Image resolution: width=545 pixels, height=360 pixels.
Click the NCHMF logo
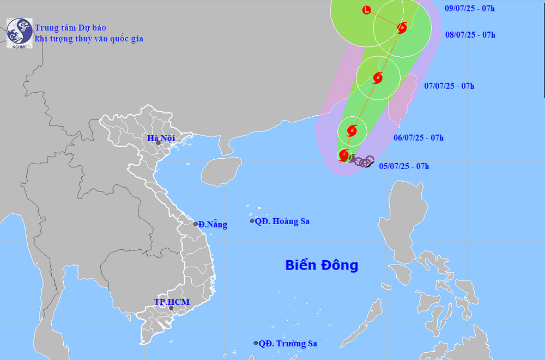pos(19,33)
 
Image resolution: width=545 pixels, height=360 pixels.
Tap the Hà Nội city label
pos(161,138)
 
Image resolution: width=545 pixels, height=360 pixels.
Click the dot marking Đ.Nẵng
pos(196,224)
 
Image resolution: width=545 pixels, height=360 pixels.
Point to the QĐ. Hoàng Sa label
pos(282,221)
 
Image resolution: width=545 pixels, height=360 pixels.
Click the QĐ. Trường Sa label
pos(288,344)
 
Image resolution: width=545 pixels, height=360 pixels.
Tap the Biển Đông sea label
pos(322,266)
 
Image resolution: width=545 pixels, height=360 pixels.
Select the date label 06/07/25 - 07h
pos(419,137)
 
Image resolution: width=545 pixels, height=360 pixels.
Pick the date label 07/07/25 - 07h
pos(449,86)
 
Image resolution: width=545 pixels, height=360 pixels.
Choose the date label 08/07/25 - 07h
pos(470,35)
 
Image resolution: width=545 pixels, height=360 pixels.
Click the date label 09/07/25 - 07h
pos(470,8)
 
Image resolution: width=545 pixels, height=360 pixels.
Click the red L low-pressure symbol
pos(366,10)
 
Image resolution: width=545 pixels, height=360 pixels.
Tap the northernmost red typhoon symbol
pos(402,27)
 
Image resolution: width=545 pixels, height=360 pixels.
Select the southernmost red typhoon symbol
pos(344,155)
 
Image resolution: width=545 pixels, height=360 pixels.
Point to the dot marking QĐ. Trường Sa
pos(256,343)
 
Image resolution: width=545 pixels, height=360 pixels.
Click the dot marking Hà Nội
pos(159,143)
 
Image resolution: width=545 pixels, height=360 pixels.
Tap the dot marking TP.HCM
pos(171,308)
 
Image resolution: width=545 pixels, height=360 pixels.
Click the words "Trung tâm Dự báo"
pos(70,27)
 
